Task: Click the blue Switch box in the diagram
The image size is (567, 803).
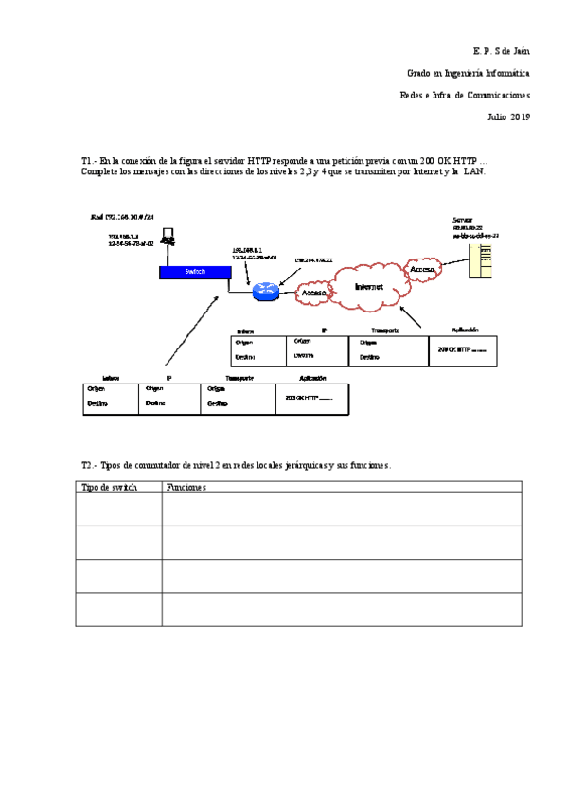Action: point(194,272)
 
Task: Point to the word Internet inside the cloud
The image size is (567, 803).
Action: point(369,286)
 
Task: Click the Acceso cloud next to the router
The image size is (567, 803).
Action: point(313,294)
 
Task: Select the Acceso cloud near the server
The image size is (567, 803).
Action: point(421,270)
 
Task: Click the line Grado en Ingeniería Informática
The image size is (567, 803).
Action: point(468,72)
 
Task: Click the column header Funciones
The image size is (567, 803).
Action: point(186,487)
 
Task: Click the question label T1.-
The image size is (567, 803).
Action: point(90,162)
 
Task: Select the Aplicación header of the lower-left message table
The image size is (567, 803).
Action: point(312,378)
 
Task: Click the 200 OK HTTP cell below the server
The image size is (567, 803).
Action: point(462,349)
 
